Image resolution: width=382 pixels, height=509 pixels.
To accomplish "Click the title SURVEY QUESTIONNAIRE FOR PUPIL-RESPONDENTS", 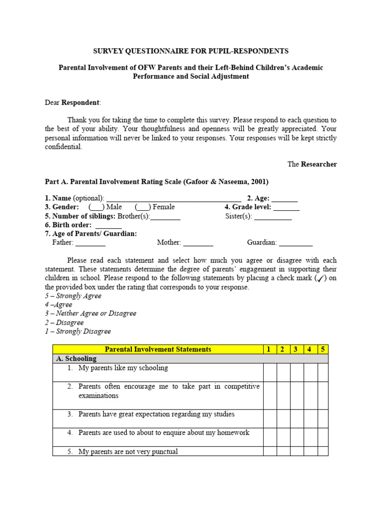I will (x=191, y=51).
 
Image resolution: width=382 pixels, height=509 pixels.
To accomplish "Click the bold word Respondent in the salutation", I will (x=81, y=102).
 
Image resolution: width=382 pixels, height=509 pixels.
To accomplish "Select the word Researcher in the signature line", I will (x=319, y=164).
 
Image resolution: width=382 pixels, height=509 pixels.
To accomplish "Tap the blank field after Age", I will (x=285, y=198).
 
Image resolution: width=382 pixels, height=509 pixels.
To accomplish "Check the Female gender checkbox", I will (x=143, y=207).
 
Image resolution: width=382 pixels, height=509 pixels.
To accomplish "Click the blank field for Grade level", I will (x=286, y=207).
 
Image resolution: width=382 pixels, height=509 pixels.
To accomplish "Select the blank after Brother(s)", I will (x=165, y=216).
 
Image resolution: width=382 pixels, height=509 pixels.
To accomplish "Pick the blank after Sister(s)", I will (x=273, y=216).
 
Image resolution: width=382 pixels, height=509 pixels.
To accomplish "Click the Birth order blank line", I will (x=108, y=225).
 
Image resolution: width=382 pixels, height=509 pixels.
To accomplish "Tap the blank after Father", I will (x=91, y=243).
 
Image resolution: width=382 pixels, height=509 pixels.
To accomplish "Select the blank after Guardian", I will (x=296, y=243).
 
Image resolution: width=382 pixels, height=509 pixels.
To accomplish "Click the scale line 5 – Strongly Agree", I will (x=73, y=296).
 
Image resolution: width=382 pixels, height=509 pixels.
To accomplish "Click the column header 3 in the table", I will (x=295, y=349).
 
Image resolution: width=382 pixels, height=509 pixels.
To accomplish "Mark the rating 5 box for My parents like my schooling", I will (x=323, y=372).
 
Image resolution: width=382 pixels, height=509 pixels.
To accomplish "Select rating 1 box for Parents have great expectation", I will (x=270, y=418).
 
